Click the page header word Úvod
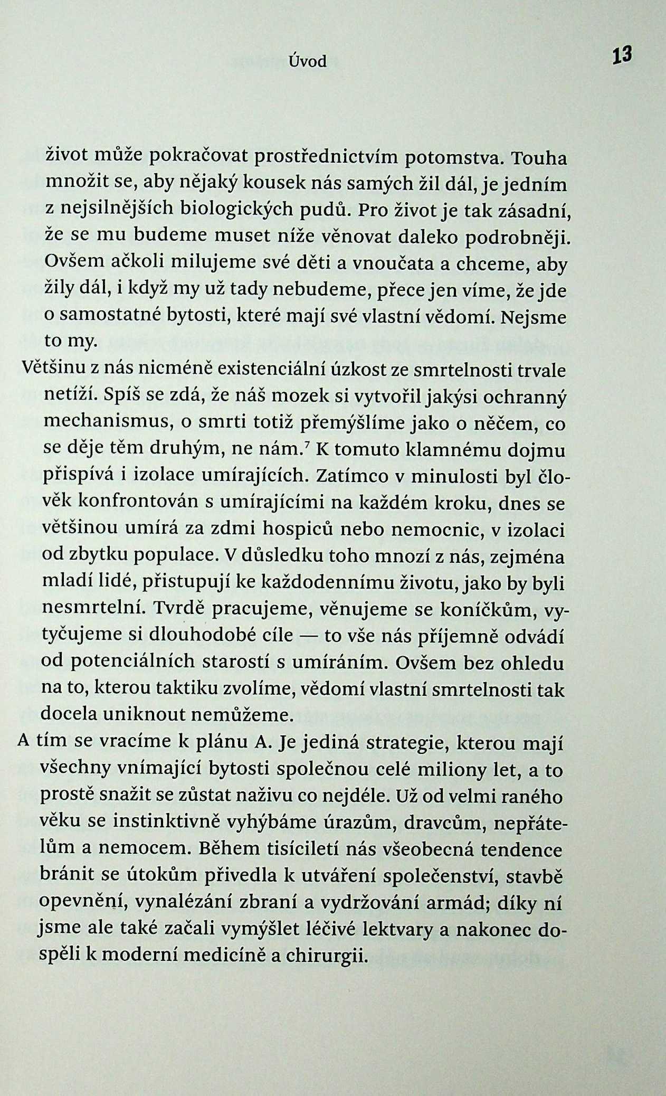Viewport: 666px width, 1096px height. [308, 62]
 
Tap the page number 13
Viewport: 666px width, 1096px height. [622, 55]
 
